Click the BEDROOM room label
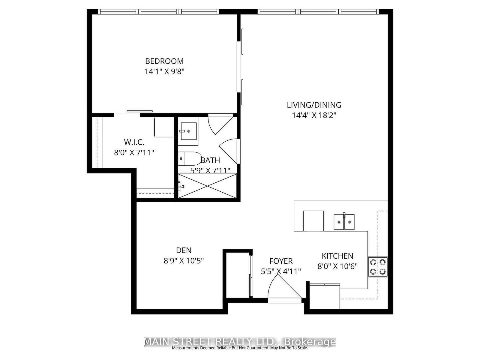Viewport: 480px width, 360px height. point(164,61)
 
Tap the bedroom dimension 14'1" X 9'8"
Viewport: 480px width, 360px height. point(164,72)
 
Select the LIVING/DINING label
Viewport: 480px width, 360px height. point(314,105)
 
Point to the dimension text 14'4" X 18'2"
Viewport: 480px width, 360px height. point(314,115)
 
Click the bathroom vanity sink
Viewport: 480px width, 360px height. point(189,131)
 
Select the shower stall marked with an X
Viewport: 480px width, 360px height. point(208,185)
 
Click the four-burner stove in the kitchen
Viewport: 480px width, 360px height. point(378,267)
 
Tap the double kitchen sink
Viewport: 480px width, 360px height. point(344,222)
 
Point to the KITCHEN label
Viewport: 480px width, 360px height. point(337,256)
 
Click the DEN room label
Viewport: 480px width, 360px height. point(184,250)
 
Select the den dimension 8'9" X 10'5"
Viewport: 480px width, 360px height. point(184,261)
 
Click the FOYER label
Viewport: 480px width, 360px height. point(281,261)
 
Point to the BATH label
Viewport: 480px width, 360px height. point(210,160)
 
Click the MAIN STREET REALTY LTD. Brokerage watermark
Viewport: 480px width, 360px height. point(240,342)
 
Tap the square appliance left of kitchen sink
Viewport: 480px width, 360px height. point(313,220)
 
